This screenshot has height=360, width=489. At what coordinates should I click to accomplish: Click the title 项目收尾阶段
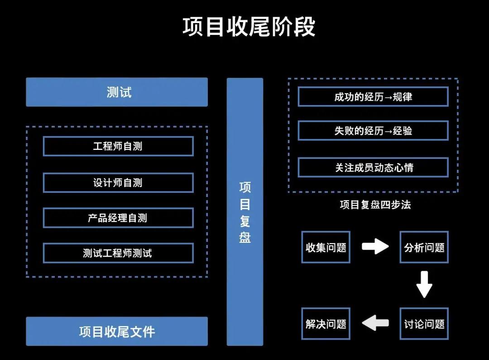249,27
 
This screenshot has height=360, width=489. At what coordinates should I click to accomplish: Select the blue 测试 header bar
117,92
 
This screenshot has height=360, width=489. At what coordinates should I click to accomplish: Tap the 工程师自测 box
118,146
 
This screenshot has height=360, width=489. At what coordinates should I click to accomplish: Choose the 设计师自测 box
118,182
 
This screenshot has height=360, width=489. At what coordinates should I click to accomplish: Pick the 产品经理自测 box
118,218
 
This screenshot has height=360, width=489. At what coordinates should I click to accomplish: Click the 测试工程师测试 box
118,253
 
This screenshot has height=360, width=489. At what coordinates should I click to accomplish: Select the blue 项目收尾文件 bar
117,331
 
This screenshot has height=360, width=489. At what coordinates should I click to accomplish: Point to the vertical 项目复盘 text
245,212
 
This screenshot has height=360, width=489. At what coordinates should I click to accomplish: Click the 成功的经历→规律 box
373,97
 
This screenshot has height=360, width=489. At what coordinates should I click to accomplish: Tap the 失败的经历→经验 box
373,131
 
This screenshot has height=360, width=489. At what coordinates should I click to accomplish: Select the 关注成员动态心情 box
373,168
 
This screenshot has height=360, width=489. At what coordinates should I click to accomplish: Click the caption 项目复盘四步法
375,205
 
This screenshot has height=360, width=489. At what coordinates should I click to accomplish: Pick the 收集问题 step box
326,247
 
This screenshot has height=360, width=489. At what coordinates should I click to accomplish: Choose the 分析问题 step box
424,247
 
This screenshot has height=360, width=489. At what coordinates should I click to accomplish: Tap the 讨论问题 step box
424,324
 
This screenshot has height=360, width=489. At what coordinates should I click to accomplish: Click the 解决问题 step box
326,324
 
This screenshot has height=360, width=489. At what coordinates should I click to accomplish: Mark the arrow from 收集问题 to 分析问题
375,246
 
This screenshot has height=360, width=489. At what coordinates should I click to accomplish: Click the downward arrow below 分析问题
424,284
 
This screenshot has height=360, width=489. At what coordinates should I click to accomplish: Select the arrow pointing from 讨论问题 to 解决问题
375,323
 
